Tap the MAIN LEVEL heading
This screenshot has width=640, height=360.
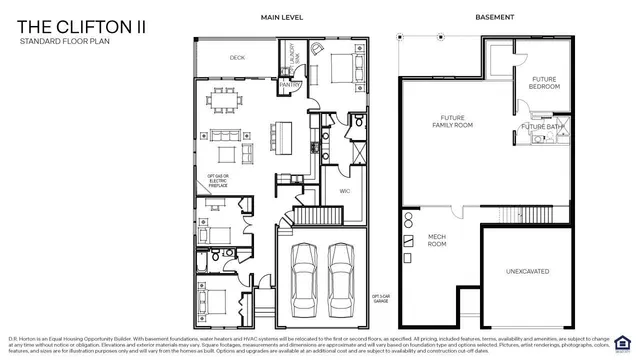(282, 17)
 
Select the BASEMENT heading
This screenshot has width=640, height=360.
(494, 17)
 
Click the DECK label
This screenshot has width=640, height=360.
(237, 58)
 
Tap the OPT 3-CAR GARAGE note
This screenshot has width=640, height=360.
(379, 299)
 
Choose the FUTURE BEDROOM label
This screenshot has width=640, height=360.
(544, 83)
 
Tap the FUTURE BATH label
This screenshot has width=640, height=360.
(540, 127)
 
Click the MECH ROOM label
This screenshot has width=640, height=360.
(437, 240)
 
